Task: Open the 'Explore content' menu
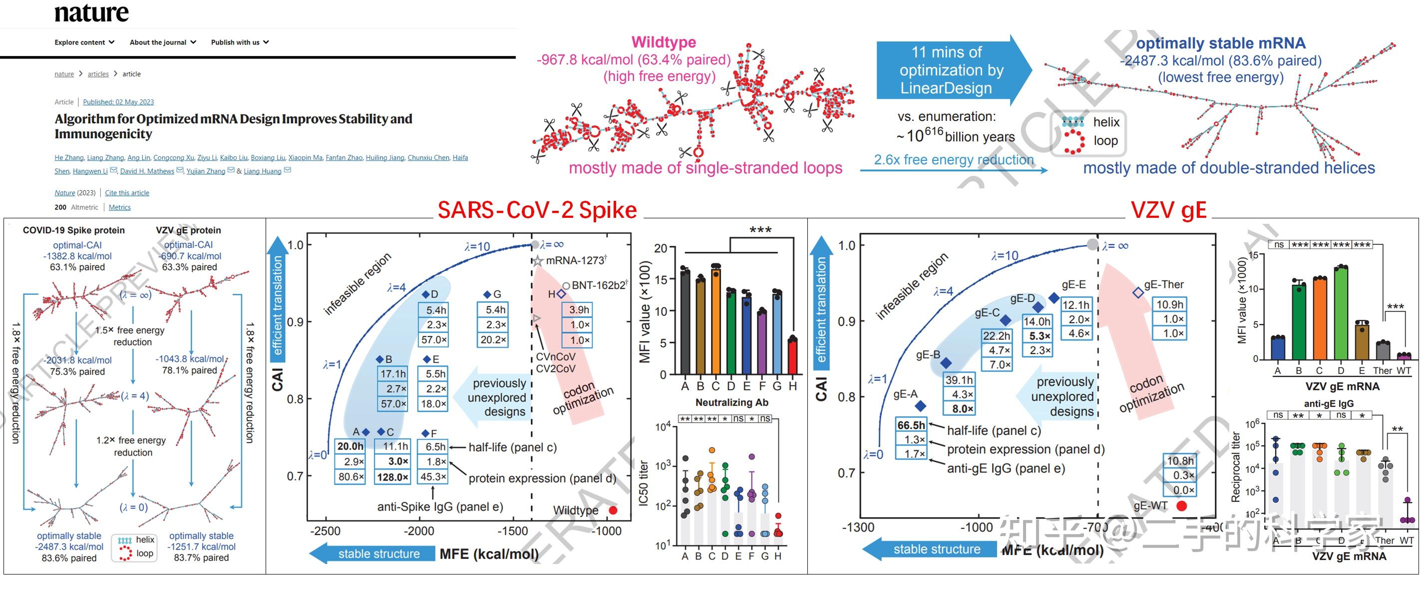(84, 42)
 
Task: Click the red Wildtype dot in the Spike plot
(612, 510)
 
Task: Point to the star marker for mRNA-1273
(537, 260)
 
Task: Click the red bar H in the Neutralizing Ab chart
(793, 356)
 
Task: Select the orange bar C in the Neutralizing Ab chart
(715, 320)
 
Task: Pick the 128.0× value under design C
(392, 477)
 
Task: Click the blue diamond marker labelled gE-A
(920, 406)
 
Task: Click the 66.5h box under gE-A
(911, 425)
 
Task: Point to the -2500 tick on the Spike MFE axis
(326, 532)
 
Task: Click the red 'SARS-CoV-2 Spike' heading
(537, 210)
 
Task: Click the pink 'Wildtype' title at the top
(664, 42)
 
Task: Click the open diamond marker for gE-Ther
(1138, 292)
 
